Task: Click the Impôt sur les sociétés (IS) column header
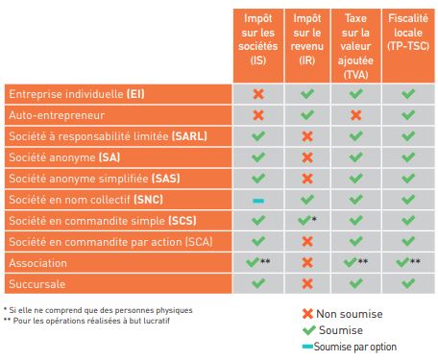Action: click(x=257, y=43)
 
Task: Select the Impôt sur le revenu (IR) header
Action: click(x=306, y=43)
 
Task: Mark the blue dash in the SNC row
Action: click(x=257, y=200)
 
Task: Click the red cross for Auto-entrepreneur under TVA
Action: click(x=355, y=115)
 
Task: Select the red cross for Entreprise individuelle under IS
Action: click(x=257, y=94)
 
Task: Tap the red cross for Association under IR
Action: click(x=306, y=261)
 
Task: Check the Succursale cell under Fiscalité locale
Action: click(x=407, y=282)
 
